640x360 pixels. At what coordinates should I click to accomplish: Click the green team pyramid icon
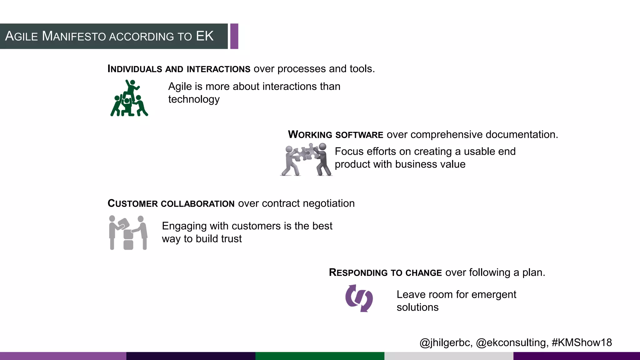129,98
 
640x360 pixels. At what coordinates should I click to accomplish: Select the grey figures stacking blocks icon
128,232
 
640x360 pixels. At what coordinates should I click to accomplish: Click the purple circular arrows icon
359,298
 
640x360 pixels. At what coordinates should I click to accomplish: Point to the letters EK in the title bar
205,36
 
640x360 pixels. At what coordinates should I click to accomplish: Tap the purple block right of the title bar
234,36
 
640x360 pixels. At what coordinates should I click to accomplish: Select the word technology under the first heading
194,99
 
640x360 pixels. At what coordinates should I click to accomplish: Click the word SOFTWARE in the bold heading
359,135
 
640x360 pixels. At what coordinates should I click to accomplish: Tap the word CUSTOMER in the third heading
132,204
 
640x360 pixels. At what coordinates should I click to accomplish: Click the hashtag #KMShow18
582,342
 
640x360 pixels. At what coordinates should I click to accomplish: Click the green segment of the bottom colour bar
320,356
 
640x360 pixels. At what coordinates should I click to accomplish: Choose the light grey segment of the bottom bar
449,356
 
